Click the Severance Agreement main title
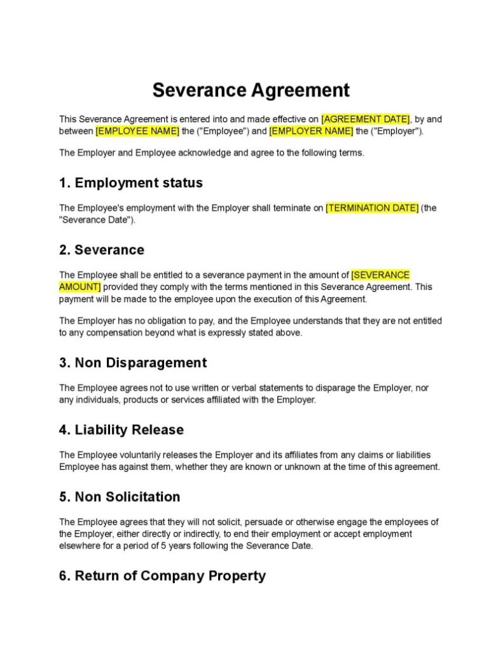click(251, 90)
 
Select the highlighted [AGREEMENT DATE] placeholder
click(366, 119)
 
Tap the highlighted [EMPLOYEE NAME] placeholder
click(137, 131)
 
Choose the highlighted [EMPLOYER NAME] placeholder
click(311, 131)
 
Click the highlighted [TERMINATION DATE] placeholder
click(372, 208)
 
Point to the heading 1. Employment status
click(130, 183)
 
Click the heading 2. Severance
click(102, 250)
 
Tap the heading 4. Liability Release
click(121, 430)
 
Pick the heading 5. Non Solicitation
click(119, 497)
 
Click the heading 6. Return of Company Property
click(162, 576)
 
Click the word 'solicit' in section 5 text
click(240, 522)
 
